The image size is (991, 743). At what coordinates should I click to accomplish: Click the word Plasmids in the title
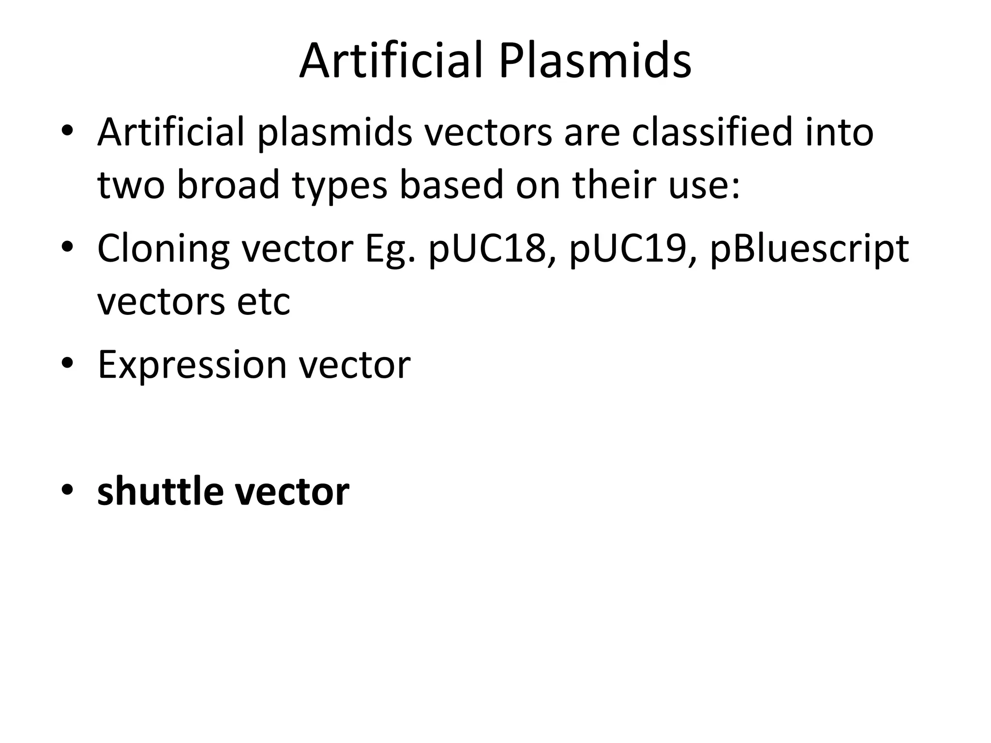tap(595, 61)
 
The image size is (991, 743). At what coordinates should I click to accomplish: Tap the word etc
tap(264, 302)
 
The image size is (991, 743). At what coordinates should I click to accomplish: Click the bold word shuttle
tap(160, 491)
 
